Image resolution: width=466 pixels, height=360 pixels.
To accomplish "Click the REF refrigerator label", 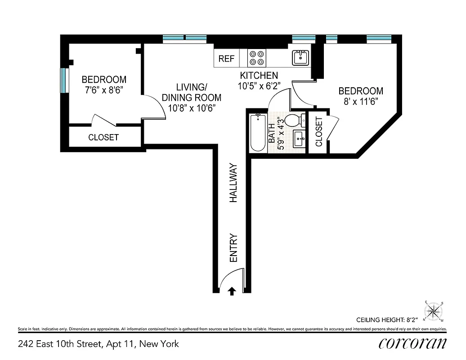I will [x=226, y=59].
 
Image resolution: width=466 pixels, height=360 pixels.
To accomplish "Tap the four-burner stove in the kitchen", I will [x=257, y=58].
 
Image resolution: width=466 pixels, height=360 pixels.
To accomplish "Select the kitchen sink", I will [x=300, y=58].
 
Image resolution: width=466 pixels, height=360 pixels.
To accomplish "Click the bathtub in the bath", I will [x=258, y=133].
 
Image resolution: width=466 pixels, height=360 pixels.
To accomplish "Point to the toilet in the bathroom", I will [x=294, y=121].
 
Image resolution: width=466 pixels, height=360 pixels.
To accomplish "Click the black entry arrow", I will [x=232, y=291].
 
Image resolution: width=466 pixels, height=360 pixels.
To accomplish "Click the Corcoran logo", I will [x=412, y=343].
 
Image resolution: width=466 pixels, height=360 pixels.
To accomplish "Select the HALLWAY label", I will [x=233, y=183].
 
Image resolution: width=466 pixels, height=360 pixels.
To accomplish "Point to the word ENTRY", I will [x=233, y=247].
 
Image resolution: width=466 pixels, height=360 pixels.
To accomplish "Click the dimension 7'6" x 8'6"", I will [x=104, y=90].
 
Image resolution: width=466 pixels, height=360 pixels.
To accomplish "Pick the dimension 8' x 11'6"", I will [x=361, y=101].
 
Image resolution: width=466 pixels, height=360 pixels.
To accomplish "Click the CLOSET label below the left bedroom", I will [x=103, y=138].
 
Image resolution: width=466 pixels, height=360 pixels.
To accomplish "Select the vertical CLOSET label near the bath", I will [x=319, y=132].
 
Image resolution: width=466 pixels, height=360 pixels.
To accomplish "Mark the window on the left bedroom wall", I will [x=64, y=80].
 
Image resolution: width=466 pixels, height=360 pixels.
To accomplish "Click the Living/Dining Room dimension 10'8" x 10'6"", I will [x=192, y=108].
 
